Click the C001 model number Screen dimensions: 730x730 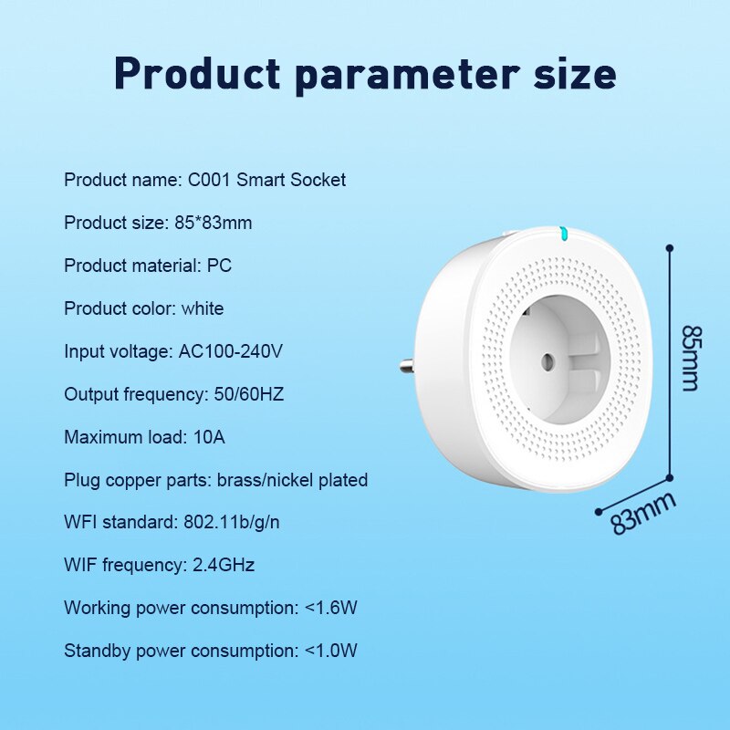(210, 180)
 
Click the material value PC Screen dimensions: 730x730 (219, 266)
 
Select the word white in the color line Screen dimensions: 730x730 (202, 308)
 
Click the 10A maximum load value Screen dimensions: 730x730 (209, 437)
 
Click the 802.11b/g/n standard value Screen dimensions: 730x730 (235, 523)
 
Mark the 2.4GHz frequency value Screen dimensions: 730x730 (224, 566)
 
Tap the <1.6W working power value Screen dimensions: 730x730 (330, 608)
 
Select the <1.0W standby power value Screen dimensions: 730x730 (330, 651)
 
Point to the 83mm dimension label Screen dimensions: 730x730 (643, 513)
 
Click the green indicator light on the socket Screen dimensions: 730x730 (564, 234)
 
